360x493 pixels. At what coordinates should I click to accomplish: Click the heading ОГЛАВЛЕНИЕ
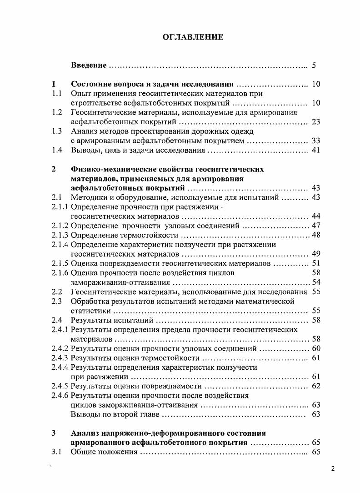click(193, 37)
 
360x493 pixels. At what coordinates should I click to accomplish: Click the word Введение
click(89, 65)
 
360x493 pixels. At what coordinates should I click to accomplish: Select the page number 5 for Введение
click(314, 65)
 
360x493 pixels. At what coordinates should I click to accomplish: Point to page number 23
click(316, 122)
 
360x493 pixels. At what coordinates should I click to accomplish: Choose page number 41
click(316, 150)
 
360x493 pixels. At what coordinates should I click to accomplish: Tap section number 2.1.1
click(60, 207)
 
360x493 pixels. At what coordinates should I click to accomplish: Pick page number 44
click(316, 216)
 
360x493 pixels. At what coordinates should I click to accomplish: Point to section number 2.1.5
click(60, 263)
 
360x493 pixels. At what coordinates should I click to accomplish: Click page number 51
click(316, 263)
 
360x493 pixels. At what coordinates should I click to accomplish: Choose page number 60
click(316, 348)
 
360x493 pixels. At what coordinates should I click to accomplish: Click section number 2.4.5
click(60, 386)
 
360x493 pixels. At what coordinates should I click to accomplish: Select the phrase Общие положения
click(104, 452)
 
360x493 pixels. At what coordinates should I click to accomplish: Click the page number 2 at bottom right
click(333, 470)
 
